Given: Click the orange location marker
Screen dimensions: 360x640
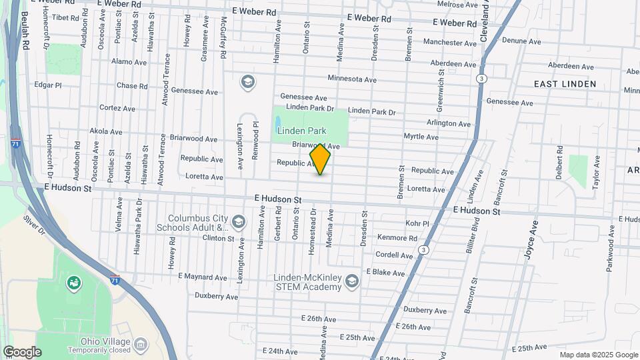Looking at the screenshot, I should [x=320, y=160].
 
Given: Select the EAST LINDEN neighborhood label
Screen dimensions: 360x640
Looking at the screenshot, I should [x=565, y=84].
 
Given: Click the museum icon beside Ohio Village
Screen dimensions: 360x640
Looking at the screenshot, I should [x=141, y=344].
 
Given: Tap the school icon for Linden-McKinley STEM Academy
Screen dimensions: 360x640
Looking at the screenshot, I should [x=351, y=283].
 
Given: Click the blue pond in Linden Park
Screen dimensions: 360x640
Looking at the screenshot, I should [x=277, y=123].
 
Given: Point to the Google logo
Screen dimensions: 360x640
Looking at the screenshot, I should [x=22, y=352].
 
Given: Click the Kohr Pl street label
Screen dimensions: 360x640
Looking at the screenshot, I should [x=417, y=223].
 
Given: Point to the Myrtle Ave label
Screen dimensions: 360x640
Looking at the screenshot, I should [x=421, y=137].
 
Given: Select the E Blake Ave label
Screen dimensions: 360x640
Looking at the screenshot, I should [x=385, y=273].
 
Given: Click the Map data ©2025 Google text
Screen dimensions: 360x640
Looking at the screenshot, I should [x=597, y=355].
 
